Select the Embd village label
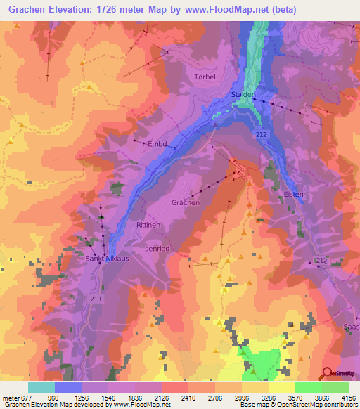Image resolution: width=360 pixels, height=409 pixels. coord(157,144)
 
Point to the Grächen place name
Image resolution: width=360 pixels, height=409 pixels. coord(186,202)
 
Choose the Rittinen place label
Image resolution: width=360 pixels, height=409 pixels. coord(149,224)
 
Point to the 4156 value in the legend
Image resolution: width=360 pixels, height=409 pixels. coord(347,397)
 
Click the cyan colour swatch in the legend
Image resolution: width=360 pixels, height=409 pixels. coord(41,387)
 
